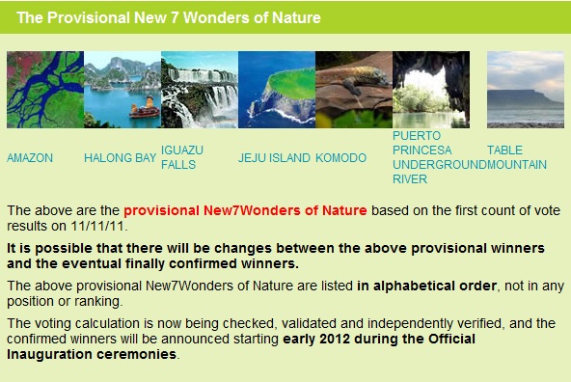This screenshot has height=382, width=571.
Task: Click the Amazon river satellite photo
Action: pyautogui.click(x=45, y=90)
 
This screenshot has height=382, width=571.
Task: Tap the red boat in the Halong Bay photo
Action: pyautogui.click(x=145, y=108)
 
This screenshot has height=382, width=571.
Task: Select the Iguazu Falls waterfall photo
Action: pyautogui.click(x=200, y=90)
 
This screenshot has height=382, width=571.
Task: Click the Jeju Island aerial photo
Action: pyautogui.click(x=277, y=90)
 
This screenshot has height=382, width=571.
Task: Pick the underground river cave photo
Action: pyautogui.click(x=431, y=90)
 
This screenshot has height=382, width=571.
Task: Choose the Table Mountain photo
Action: pyautogui.click(x=526, y=90)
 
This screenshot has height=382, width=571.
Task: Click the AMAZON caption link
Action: pyautogui.click(x=30, y=157)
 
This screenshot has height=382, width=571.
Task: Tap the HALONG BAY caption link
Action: pyautogui.click(x=121, y=157)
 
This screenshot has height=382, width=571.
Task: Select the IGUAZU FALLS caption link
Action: pyautogui.click(x=182, y=157)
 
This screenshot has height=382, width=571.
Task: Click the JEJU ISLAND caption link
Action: pyautogui.click(x=274, y=157)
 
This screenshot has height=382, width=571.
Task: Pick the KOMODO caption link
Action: pyautogui.click(x=340, y=157)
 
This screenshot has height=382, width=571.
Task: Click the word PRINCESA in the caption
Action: pyautogui.click(x=422, y=150)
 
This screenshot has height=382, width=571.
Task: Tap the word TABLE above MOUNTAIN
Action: pyautogui.click(x=504, y=150)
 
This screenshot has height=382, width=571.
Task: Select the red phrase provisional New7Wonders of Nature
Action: pyautogui.click(x=245, y=210)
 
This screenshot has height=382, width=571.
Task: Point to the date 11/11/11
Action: pyautogui.click(x=97, y=226)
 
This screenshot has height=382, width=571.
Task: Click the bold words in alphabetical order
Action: pyautogui.click(x=426, y=286)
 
